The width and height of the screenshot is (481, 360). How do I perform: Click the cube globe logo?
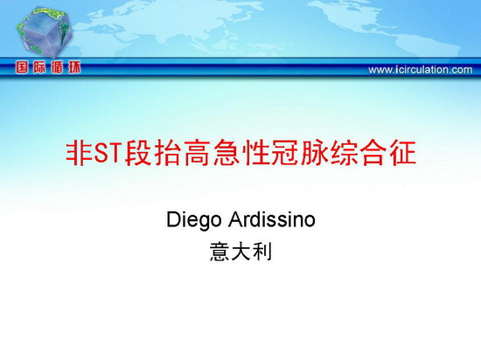(x=45, y=32)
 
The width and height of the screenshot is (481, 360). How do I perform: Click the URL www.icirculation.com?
(x=421, y=70)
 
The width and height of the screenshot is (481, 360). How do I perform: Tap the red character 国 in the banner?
(x=22, y=67)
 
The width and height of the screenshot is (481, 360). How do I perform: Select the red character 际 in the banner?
(x=39, y=67)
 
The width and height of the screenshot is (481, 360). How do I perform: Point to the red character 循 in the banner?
(x=57, y=67)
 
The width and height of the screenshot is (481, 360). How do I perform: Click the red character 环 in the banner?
(x=74, y=67)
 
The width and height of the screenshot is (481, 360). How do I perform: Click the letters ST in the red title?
(x=107, y=153)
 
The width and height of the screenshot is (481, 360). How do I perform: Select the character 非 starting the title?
(x=79, y=153)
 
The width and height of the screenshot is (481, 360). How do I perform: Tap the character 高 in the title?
(x=196, y=153)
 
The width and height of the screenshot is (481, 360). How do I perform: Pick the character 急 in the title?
(x=227, y=153)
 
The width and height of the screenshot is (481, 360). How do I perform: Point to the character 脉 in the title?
(x=314, y=153)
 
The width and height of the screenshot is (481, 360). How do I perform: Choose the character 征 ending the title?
(x=403, y=153)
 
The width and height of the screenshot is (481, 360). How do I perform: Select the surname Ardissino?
(x=272, y=219)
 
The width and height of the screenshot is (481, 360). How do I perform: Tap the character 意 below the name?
(x=220, y=252)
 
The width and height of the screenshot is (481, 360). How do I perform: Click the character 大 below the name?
(x=240, y=252)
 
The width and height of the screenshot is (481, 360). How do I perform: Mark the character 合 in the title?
(x=373, y=153)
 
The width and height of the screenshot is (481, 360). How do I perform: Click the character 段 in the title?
(x=137, y=153)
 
